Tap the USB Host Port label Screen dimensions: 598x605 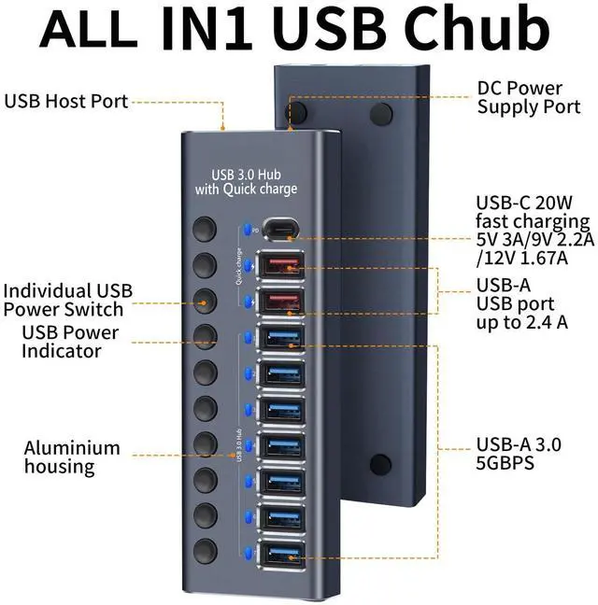(x=66, y=101)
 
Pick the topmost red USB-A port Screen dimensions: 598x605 (x=281, y=266)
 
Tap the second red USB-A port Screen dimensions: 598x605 (x=281, y=302)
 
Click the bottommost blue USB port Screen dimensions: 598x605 (x=281, y=555)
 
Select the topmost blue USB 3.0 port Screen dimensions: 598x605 (x=281, y=338)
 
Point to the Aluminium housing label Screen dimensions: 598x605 (x=72, y=457)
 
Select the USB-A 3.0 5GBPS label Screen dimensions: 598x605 (x=518, y=454)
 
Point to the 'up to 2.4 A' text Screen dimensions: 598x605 (x=516, y=322)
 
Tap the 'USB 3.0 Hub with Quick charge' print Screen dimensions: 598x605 (x=246, y=182)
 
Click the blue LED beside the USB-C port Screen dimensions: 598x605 (x=246, y=228)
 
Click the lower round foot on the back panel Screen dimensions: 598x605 (x=380, y=464)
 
